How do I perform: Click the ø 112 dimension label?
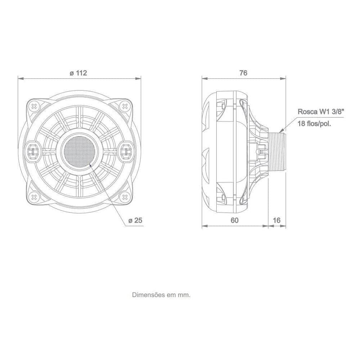(78, 73)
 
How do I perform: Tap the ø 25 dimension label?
(136, 220)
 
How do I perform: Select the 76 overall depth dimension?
(243, 73)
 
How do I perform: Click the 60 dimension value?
(234, 220)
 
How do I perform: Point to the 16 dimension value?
(277, 220)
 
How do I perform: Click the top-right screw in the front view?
(125, 106)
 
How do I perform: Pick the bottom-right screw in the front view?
(125, 197)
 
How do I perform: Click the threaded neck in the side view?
(278, 151)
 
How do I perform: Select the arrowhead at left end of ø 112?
(21, 79)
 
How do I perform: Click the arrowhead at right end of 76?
(284, 79)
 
